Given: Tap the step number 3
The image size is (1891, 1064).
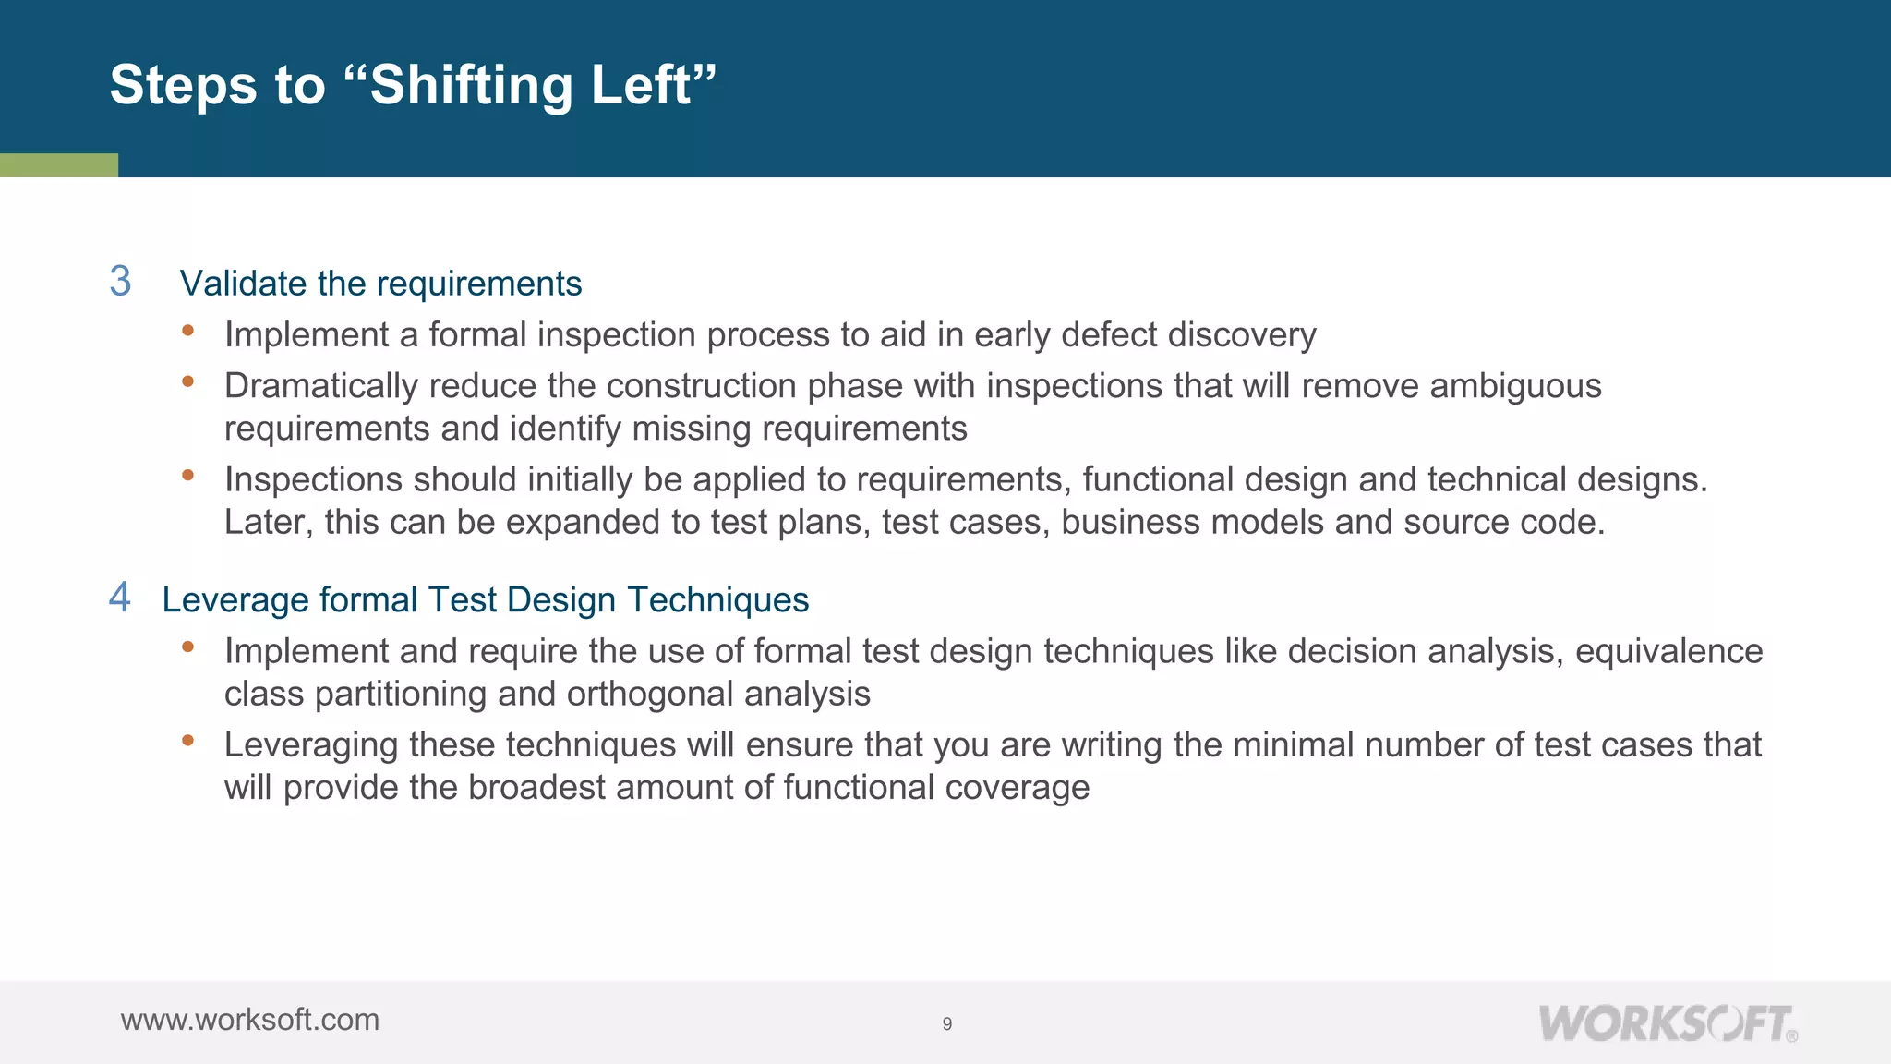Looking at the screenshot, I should pyautogui.click(x=120, y=282).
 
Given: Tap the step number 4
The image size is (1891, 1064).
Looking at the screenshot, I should pyautogui.click(x=120, y=598).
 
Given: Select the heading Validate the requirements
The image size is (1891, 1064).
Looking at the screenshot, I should pyautogui.click(x=380, y=284).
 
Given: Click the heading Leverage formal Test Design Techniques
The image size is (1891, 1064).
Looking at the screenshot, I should pyautogui.click(x=485, y=600).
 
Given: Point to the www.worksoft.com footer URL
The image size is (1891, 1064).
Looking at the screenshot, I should pyautogui.click(x=249, y=1020).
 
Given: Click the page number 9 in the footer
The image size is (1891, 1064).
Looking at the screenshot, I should pyautogui.click(x=946, y=1023).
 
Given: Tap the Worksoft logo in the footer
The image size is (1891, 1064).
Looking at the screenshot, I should pyautogui.click(x=1667, y=1023).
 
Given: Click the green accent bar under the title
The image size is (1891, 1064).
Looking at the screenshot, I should pyautogui.click(x=59, y=165).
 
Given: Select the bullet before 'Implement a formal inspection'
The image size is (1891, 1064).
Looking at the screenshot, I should pyautogui.click(x=188, y=330).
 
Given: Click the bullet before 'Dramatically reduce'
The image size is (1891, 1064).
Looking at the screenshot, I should pyautogui.click(x=188, y=381).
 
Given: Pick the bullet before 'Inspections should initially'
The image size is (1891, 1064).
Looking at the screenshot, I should pyautogui.click(x=188, y=475).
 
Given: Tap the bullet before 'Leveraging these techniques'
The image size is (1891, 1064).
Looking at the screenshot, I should pyautogui.click(x=188, y=740).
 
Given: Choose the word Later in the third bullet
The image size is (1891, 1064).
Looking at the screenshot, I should pyautogui.click(x=268, y=523).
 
